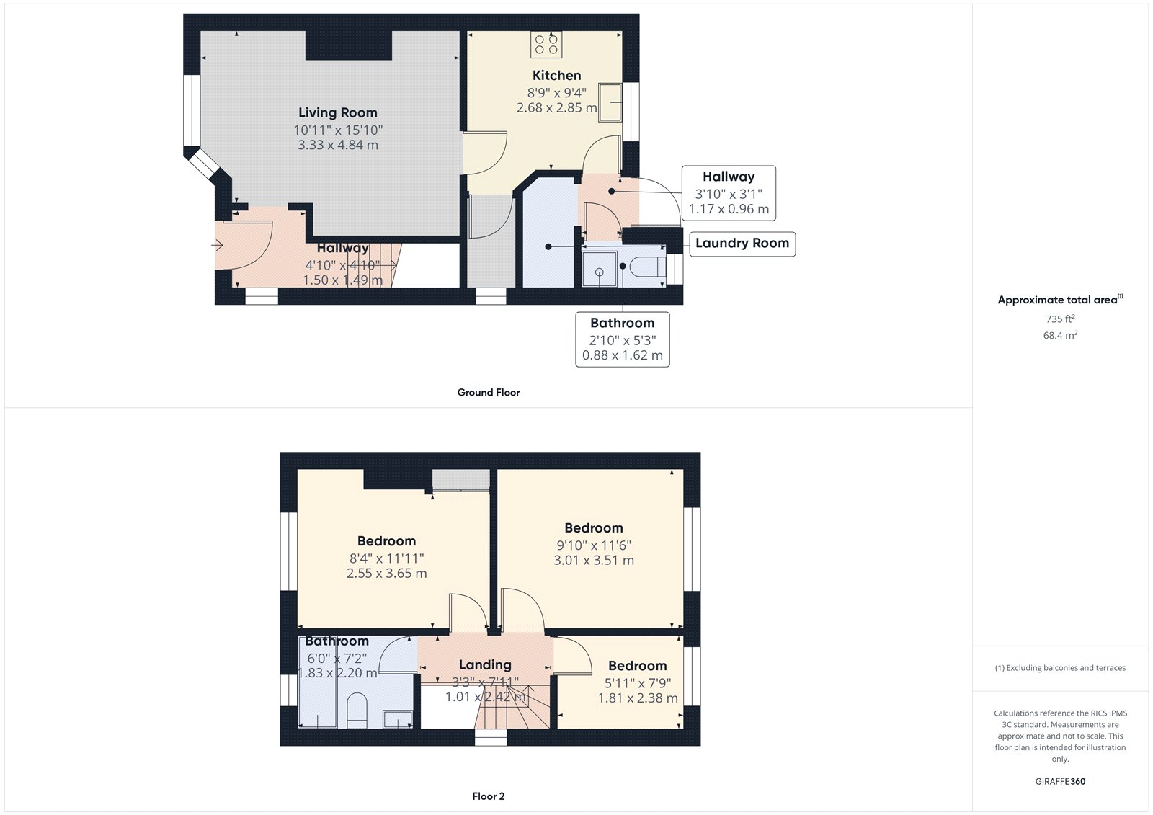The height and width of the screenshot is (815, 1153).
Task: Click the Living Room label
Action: click(337, 112)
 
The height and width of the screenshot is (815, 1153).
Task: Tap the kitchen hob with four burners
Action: click(546, 45)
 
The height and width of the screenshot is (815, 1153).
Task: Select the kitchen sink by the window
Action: click(610, 102)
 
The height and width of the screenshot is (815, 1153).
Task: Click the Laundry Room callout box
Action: click(742, 244)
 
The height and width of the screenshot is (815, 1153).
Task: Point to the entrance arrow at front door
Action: click(218, 246)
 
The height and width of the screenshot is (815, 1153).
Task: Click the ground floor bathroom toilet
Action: click(647, 267)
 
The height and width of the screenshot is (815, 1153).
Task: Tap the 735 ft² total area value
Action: click(1060, 319)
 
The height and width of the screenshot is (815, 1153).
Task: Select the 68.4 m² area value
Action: click(1060, 335)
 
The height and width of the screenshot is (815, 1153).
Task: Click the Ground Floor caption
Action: click(488, 393)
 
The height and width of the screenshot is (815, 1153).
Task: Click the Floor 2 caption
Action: click(488, 796)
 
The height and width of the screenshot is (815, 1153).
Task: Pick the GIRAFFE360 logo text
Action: click(1060, 781)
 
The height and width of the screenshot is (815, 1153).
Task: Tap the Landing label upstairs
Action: click(485, 665)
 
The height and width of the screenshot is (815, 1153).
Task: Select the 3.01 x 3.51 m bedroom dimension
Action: click(594, 561)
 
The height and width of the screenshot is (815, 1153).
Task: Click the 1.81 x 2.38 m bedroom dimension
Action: click(637, 698)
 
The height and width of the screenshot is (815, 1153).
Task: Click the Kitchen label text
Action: click(556, 76)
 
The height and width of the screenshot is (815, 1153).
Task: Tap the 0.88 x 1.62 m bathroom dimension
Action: click(622, 355)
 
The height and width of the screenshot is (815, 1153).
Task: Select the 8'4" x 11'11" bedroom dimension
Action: click(386, 558)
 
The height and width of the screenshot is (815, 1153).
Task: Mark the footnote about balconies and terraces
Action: click(1060, 668)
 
